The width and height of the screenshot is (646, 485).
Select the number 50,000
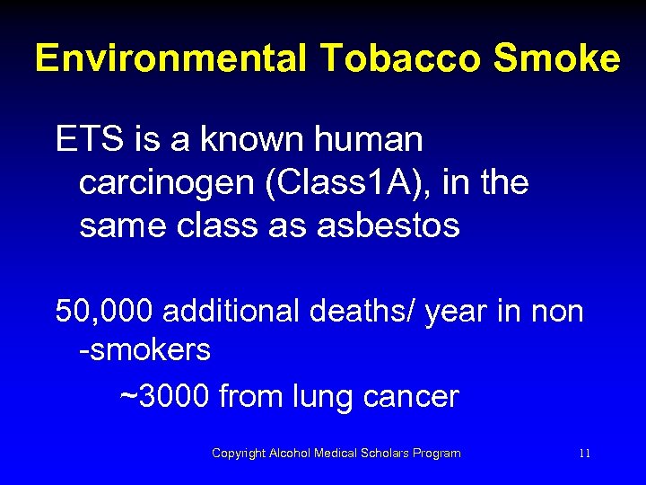click(104, 313)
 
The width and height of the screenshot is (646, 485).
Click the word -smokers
click(144, 350)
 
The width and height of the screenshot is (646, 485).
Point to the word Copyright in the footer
click(239, 454)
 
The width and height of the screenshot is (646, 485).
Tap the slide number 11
click(584, 454)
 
